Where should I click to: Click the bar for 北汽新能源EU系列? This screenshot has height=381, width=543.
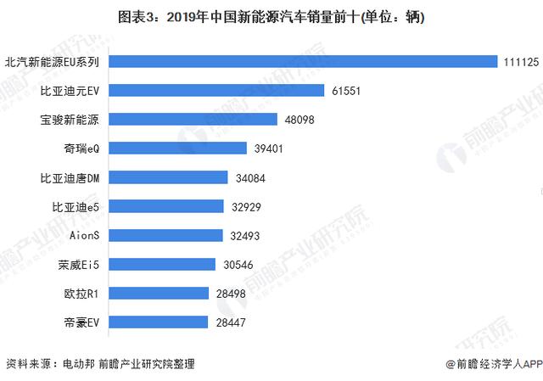(x=302, y=61)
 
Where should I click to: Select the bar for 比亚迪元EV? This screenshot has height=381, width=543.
(x=216, y=90)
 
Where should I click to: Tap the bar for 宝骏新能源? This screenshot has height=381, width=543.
(x=193, y=120)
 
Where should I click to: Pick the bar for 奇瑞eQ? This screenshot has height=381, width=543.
(x=178, y=148)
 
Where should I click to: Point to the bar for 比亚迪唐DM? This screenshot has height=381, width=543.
(x=168, y=177)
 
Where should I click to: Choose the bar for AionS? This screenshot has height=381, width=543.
(x=165, y=235)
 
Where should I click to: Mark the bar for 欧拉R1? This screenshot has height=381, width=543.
(x=159, y=293)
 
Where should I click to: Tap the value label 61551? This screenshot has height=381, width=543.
(x=347, y=90)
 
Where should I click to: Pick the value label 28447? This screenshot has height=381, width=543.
(x=231, y=322)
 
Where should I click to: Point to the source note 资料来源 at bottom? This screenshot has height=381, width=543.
(x=99, y=364)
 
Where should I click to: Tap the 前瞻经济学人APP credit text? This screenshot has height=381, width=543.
(x=490, y=364)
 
